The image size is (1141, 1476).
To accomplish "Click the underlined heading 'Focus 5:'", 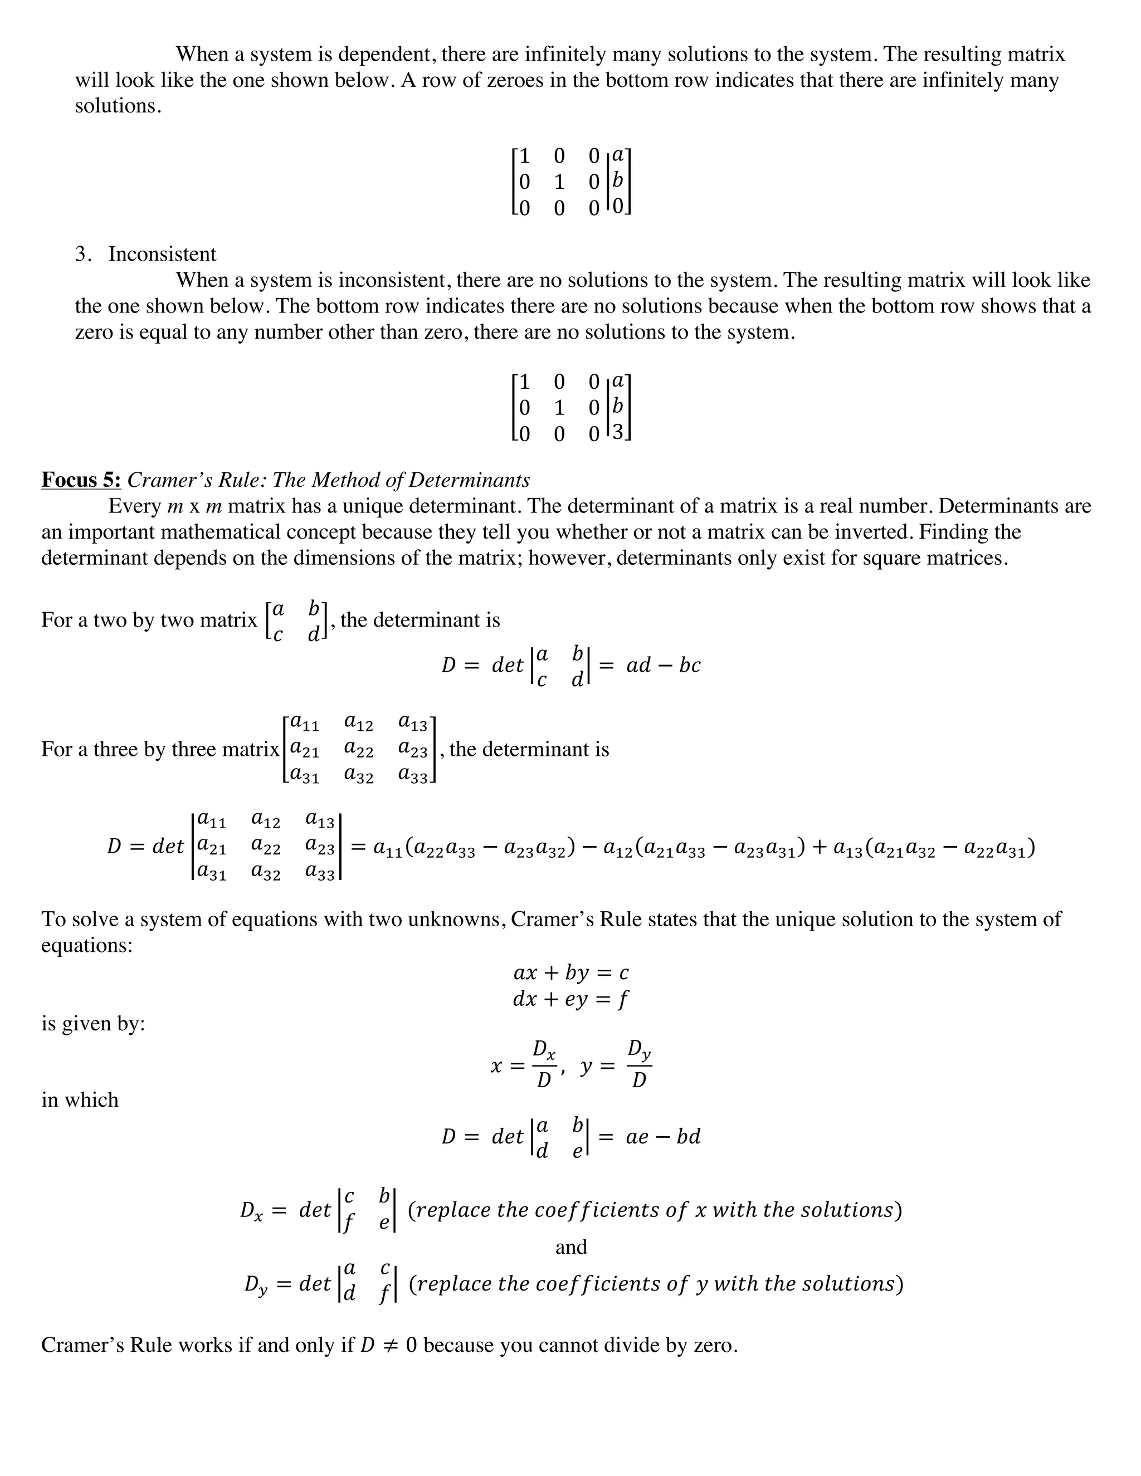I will [81, 480].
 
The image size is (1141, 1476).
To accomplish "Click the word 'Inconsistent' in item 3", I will [162, 254].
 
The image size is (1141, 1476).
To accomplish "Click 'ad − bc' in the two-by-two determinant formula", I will [663, 666].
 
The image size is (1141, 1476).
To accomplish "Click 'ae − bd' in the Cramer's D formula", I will [663, 1137].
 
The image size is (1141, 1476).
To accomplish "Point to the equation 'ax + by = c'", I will [571, 973].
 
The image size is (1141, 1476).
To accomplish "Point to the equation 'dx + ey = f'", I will [571, 999].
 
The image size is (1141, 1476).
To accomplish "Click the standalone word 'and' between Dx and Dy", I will [571, 1247].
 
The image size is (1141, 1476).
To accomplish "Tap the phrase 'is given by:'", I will [93, 1024].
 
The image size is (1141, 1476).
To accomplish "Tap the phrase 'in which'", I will [80, 1100].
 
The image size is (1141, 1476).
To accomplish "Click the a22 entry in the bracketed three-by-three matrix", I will [358, 750].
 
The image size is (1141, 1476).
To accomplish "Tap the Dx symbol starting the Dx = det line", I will [251, 1210].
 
